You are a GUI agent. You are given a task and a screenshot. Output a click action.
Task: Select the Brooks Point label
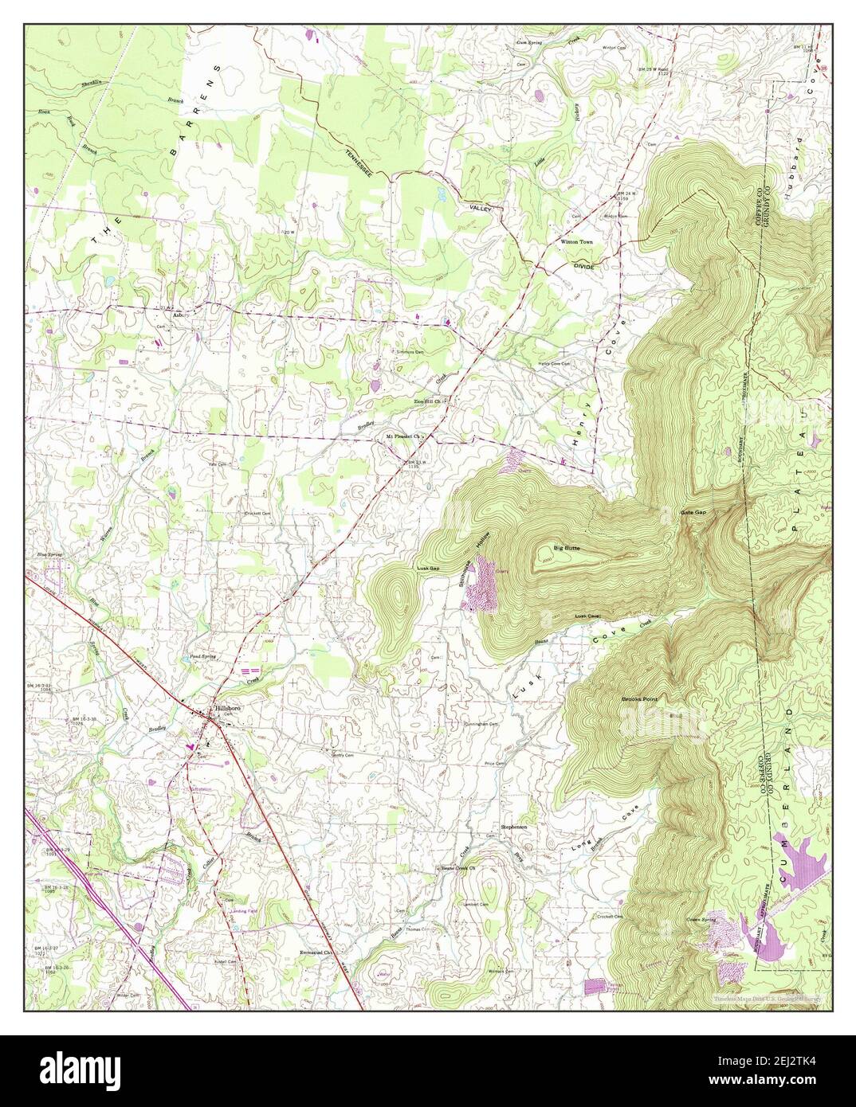click(x=640, y=699)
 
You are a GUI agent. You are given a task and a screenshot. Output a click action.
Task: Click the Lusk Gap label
click(x=428, y=568)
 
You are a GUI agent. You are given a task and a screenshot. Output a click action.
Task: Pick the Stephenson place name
click(x=514, y=827)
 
